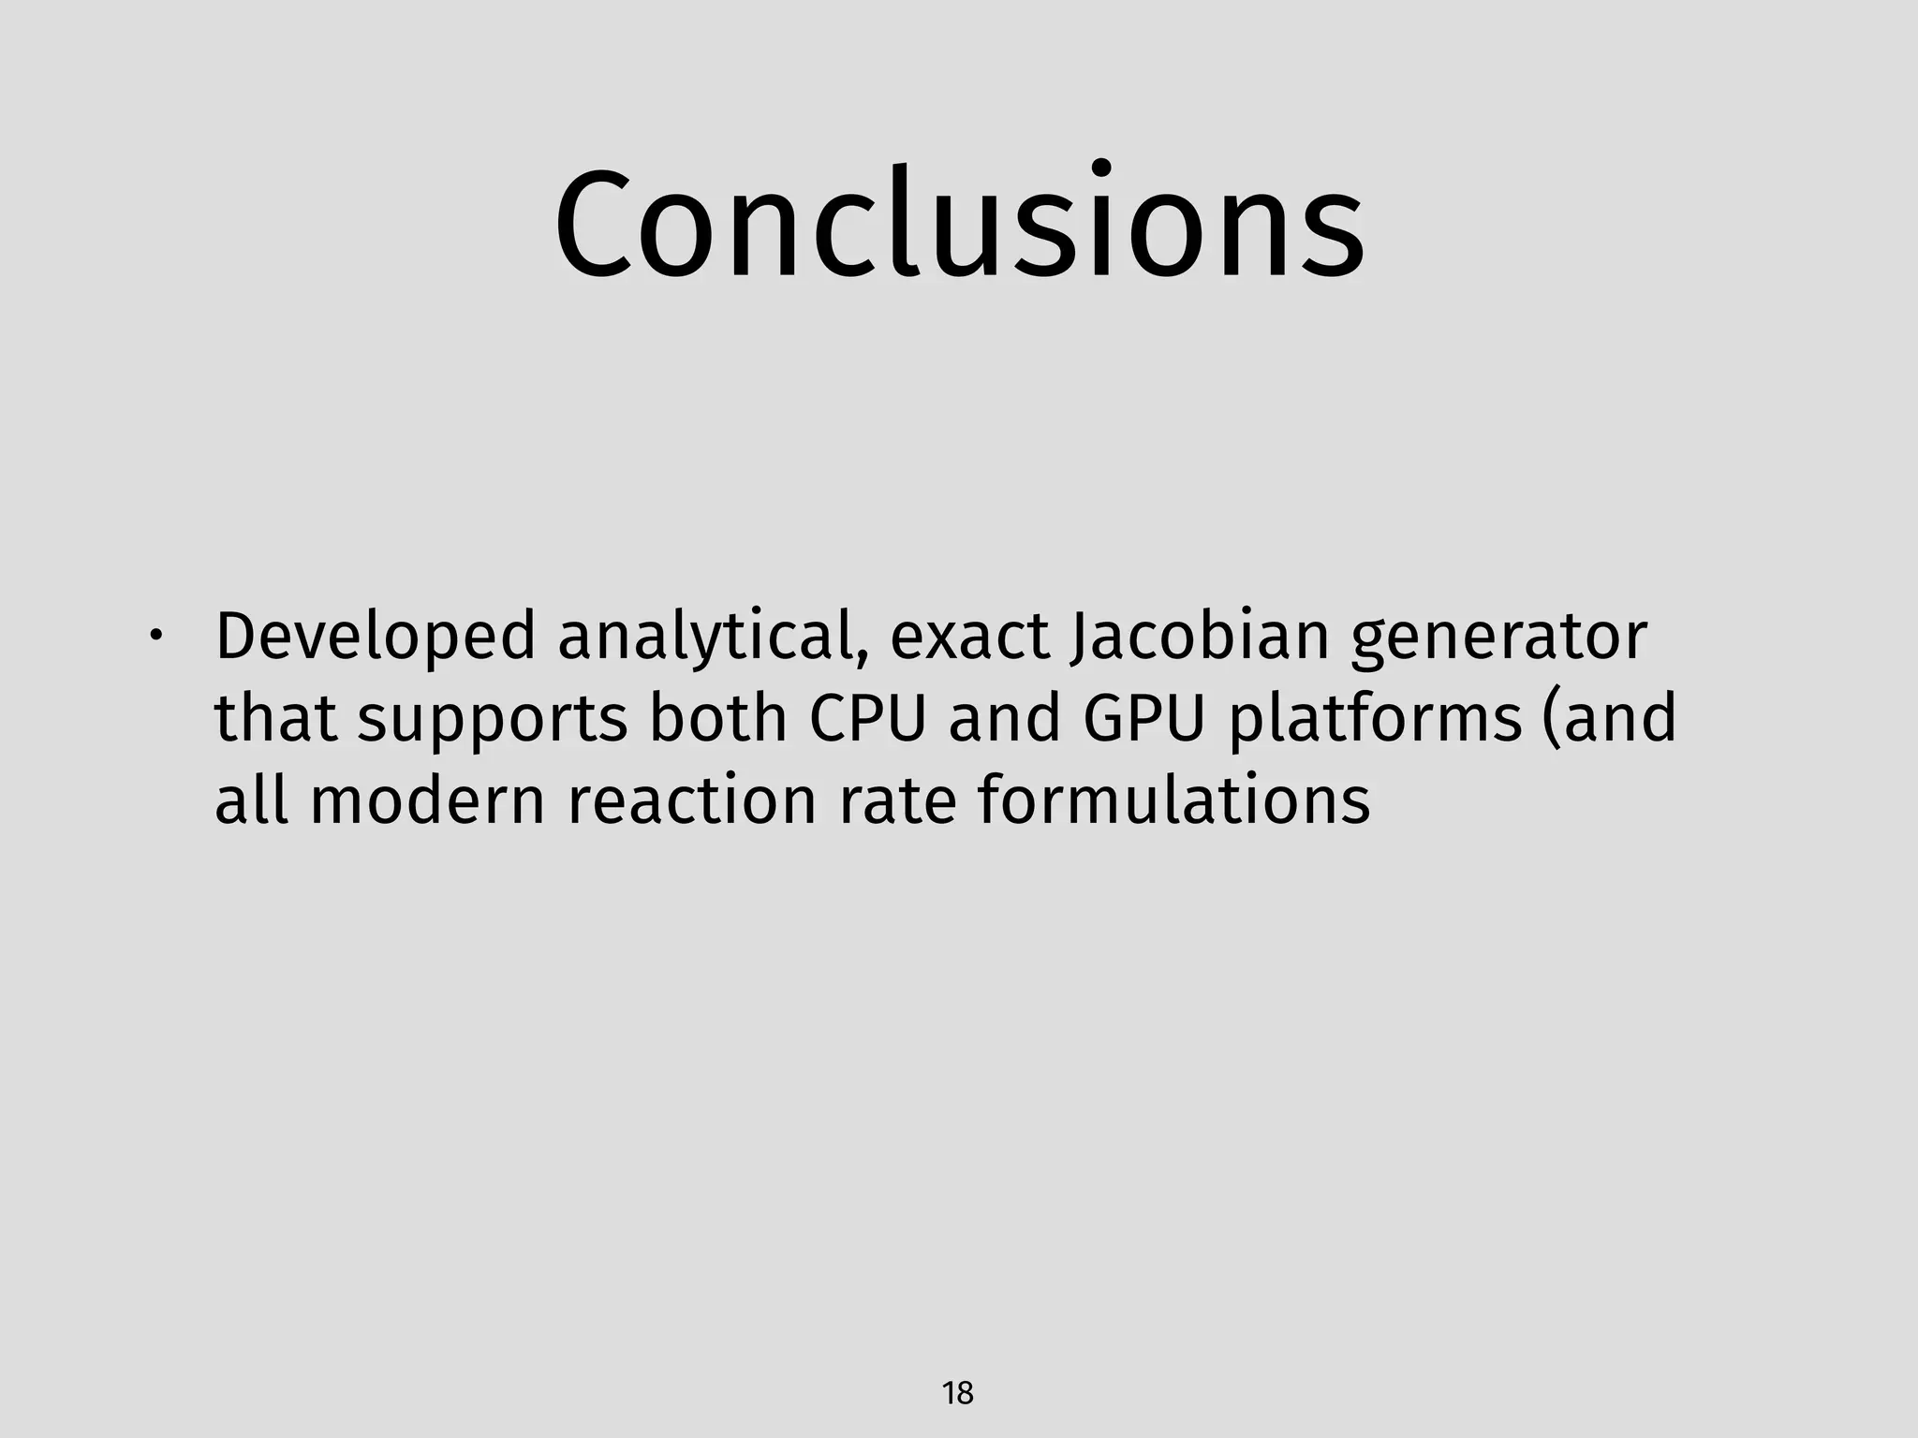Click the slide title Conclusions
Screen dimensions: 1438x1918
(959, 225)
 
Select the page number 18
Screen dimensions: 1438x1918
(958, 1393)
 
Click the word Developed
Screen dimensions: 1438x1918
(375, 637)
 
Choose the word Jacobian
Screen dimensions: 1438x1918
(1199, 637)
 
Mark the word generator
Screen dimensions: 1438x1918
(1498, 637)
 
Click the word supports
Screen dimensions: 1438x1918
(492, 719)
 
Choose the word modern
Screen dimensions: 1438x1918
(427, 801)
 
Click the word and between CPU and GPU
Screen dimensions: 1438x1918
(1004, 719)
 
